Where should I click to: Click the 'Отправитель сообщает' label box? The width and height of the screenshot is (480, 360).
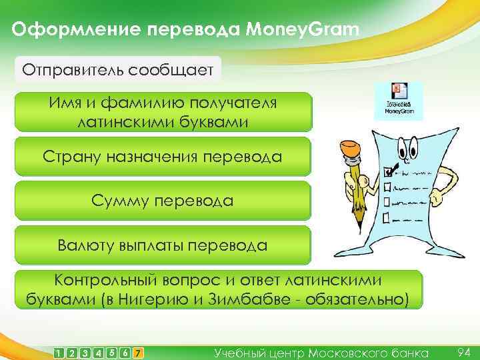(117, 69)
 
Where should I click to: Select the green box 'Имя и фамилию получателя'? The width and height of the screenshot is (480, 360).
(163, 112)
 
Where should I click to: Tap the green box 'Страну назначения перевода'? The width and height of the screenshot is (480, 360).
(163, 157)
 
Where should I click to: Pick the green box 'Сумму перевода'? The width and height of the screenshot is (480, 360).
(163, 201)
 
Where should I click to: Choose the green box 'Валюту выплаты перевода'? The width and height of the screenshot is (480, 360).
(163, 245)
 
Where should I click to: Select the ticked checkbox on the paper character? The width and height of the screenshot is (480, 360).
(390, 171)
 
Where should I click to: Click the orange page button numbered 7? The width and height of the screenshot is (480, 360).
(137, 352)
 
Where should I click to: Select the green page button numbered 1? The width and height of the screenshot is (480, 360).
(60, 352)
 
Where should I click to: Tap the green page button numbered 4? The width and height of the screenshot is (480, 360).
(99, 352)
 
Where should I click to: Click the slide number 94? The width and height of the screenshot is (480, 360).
(465, 351)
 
